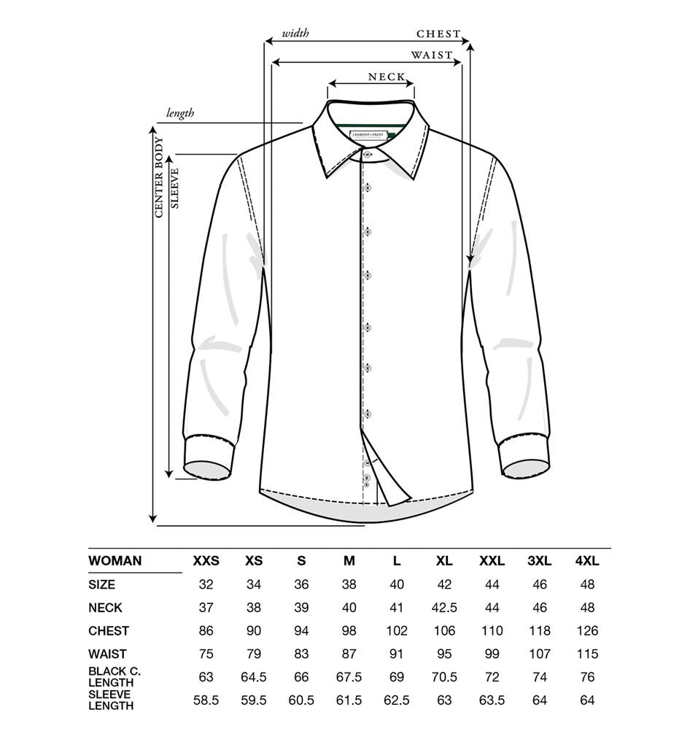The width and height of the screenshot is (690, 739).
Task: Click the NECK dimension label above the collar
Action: [387, 77]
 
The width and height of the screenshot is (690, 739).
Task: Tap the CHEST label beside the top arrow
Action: [438, 34]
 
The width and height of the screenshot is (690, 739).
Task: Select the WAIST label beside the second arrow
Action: [432, 55]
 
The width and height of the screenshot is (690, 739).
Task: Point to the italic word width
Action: [296, 33]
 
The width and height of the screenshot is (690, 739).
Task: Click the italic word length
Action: [180, 113]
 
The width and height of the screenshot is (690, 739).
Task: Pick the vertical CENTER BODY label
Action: [158, 177]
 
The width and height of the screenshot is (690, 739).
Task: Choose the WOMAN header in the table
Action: [115, 561]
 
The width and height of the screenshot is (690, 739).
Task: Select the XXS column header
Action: [206, 561]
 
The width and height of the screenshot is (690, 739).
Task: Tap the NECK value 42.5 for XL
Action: [444, 608]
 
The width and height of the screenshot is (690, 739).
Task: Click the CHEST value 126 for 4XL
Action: [586, 631]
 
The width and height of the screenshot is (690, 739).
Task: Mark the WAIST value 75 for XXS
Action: [206, 654]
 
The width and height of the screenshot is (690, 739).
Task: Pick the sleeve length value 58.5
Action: [206, 700]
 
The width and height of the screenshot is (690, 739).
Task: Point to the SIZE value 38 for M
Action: [349, 584]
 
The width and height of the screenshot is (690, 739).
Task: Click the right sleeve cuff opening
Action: [526, 469]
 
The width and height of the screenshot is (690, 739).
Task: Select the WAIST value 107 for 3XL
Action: [539, 654]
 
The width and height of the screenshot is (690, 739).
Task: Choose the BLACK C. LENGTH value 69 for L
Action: [397, 677]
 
